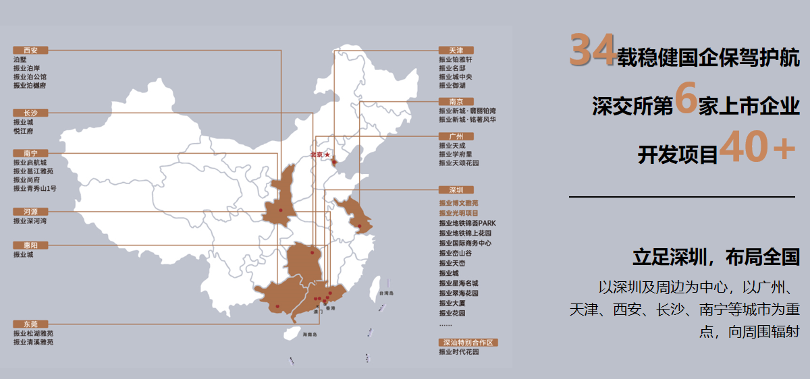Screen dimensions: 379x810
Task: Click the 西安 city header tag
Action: [30, 50]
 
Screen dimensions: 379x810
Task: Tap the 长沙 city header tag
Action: [30, 113]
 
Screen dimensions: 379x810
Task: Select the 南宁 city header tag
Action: [30, 153]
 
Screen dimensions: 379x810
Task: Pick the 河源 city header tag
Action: [30, 211]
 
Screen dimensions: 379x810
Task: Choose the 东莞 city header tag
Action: [30, 324]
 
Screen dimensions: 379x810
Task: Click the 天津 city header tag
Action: [456, 50]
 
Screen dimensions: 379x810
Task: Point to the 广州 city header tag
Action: [456, 136]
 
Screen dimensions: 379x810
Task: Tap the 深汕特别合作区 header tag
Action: [468, 343]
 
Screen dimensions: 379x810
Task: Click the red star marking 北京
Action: [327, 154]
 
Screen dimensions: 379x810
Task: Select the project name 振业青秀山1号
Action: [34, 189]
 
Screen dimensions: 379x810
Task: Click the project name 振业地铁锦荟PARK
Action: [467, 223]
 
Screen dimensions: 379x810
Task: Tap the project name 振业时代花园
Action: [458, 351]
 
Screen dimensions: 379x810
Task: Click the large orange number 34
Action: [592, 51]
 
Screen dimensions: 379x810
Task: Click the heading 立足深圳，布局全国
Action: [715, 257]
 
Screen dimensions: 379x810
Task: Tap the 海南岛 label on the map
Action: [310, 334]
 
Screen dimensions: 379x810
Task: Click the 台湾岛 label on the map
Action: [385, 294]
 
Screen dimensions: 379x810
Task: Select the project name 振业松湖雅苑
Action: [33, 333]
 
